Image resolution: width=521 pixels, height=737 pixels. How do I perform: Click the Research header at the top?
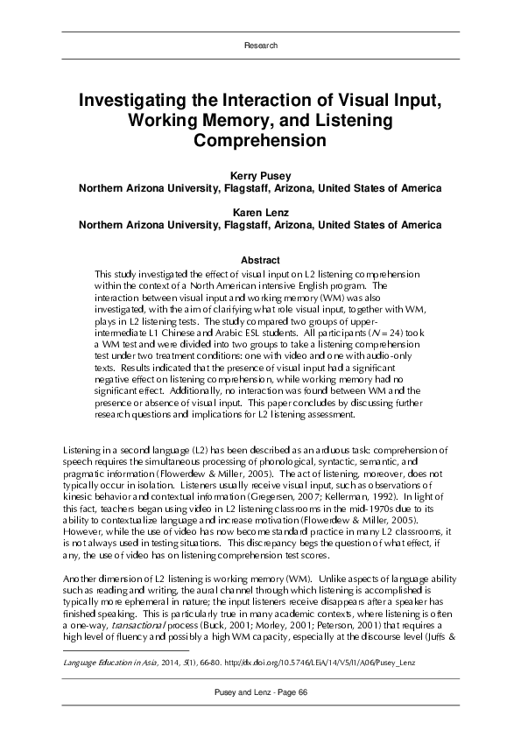click(260, 44)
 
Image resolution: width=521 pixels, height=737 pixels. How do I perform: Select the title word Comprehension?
click(260, 139)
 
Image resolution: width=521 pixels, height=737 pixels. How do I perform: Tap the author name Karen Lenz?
click(260, 212)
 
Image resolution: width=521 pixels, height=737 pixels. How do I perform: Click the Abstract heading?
click(260, 260)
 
